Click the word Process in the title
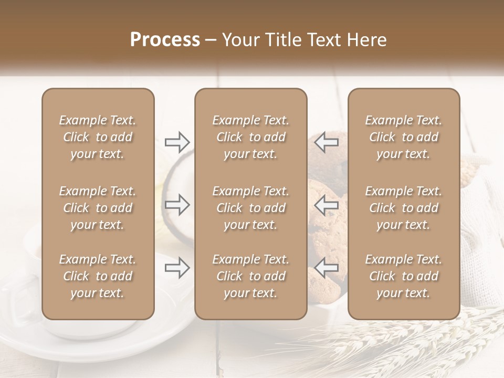click(x=165, y=40)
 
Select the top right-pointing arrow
click(x=177, y=142)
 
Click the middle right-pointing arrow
click(x=177, y=205)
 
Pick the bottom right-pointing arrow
click(x=177, y=268)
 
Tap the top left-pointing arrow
click(x=327, y=142)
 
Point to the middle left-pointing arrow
click(x=327, y=205)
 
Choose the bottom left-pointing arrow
click(x=327, y=268)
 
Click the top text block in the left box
click(x=98, y=137)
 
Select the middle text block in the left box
click(x=98, y=208)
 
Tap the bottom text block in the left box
click(x=98, y=276)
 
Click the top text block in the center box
click(x=250, y=137)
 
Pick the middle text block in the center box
click(x=250, y=208)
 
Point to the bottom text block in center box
click(x=250, y=276)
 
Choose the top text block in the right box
click(x=403, y=137)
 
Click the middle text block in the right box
click(x=403, y=208)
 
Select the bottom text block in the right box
click(x=403, y=276)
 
